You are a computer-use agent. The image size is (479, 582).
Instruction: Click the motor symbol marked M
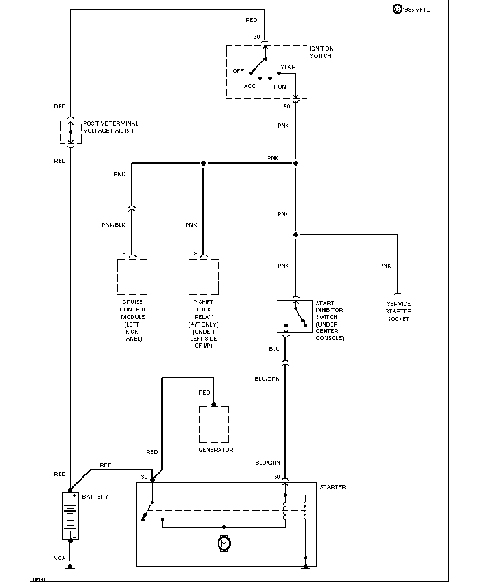coord(224,544)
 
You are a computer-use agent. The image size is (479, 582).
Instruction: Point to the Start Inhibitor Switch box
coord(295,316)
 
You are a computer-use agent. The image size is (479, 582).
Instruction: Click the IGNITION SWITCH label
coord(321,52)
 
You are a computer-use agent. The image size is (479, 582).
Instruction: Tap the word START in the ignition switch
coord(290,67)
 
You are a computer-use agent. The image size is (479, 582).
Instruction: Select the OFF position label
coord(238,71)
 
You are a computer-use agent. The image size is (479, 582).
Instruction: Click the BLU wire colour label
coord(274,349)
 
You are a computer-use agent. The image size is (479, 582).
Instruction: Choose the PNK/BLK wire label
coord(113,225)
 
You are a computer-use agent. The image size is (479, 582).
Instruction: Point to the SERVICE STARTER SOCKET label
coord(398,311)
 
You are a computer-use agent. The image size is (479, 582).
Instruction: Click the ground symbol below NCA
coord(70,568)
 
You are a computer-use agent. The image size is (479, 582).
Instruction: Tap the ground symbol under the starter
coord(305,568)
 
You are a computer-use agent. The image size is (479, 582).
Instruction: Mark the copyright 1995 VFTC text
coord(411,9)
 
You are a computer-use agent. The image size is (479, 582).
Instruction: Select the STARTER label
coord(333,487)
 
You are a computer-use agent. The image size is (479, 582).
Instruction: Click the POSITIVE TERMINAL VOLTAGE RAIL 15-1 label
coord(111,127)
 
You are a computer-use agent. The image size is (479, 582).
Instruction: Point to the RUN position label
coord(279,87)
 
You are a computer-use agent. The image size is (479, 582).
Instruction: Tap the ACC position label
coord(250,86)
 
